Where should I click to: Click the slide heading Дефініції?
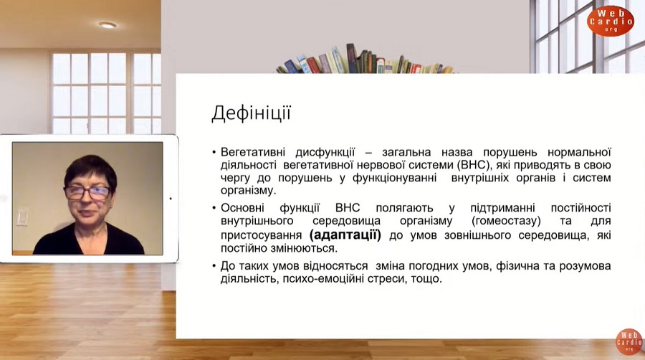[252, 113]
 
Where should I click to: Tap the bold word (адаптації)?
[345, 235]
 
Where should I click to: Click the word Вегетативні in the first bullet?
[252, 152]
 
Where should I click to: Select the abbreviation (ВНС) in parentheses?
[473, 165]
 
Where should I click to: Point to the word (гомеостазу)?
[506, 221]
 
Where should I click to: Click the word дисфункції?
[325, 152]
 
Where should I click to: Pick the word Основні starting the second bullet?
[242, 208]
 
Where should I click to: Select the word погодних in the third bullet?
[434, 266]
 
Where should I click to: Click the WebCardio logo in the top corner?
[611, 21]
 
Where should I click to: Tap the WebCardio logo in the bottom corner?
[629, 341]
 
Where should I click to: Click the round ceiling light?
[107, 25]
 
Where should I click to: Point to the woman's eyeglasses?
[87, 192]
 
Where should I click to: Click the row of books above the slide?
[364, 60]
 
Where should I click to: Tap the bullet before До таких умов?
[214, 266]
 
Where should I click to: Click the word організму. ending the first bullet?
[248, 191]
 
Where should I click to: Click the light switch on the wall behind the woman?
[23, 217]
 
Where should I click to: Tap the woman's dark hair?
[90, 169]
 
